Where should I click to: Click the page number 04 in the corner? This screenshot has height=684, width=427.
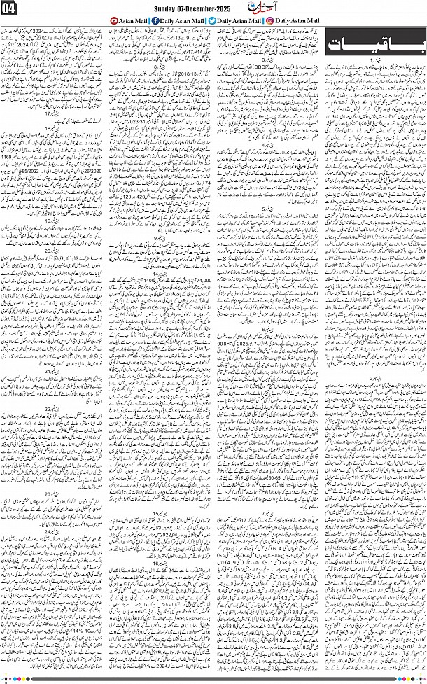13,8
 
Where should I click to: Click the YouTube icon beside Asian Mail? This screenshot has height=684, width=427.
115,22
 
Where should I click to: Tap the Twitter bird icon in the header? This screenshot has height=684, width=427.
212,22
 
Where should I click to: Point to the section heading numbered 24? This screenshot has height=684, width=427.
52,532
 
